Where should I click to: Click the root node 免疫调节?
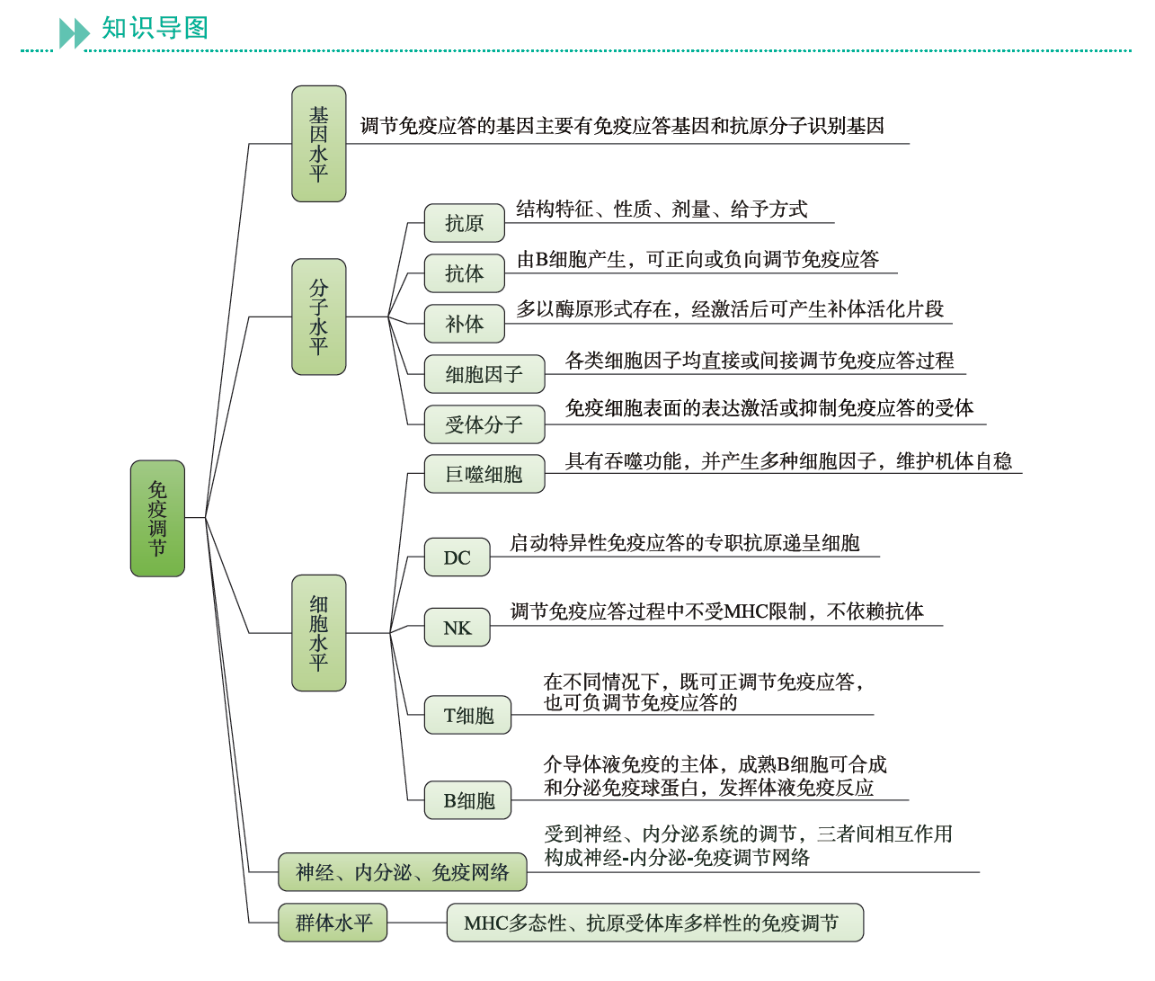(157, 518)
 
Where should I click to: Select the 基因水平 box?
(318, 144)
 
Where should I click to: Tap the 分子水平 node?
(318, 317)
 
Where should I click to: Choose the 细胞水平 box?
(318, 633)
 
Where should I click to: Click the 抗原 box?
(464, 223)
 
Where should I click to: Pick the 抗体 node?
(464, 273)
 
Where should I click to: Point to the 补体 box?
(464, 324)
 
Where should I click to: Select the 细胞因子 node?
(484, 374)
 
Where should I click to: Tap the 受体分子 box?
(484, 424)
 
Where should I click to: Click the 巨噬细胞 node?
(484, 474)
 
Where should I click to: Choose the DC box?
(457, 557)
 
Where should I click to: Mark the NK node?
(457, 628)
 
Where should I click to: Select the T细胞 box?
(467, 715)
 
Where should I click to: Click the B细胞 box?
(467, 800)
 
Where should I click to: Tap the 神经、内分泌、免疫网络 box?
(402, 871)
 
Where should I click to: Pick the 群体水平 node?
(333, 923)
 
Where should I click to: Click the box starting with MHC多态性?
(654, 923)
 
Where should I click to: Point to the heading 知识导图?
(155, 28)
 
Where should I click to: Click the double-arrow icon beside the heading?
(74, 33)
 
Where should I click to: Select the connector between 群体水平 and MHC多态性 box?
(417, 923)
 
